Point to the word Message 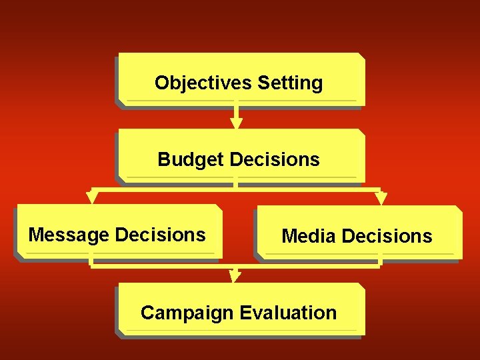tap(69, 235)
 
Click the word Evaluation tap(288, 313)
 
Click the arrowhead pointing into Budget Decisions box tap(236, 123)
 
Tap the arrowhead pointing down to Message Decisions tap(93, 198)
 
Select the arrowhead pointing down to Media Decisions tap(381, 198)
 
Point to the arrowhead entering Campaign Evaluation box tap(235, 277)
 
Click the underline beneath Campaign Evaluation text tap(240, 329)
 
